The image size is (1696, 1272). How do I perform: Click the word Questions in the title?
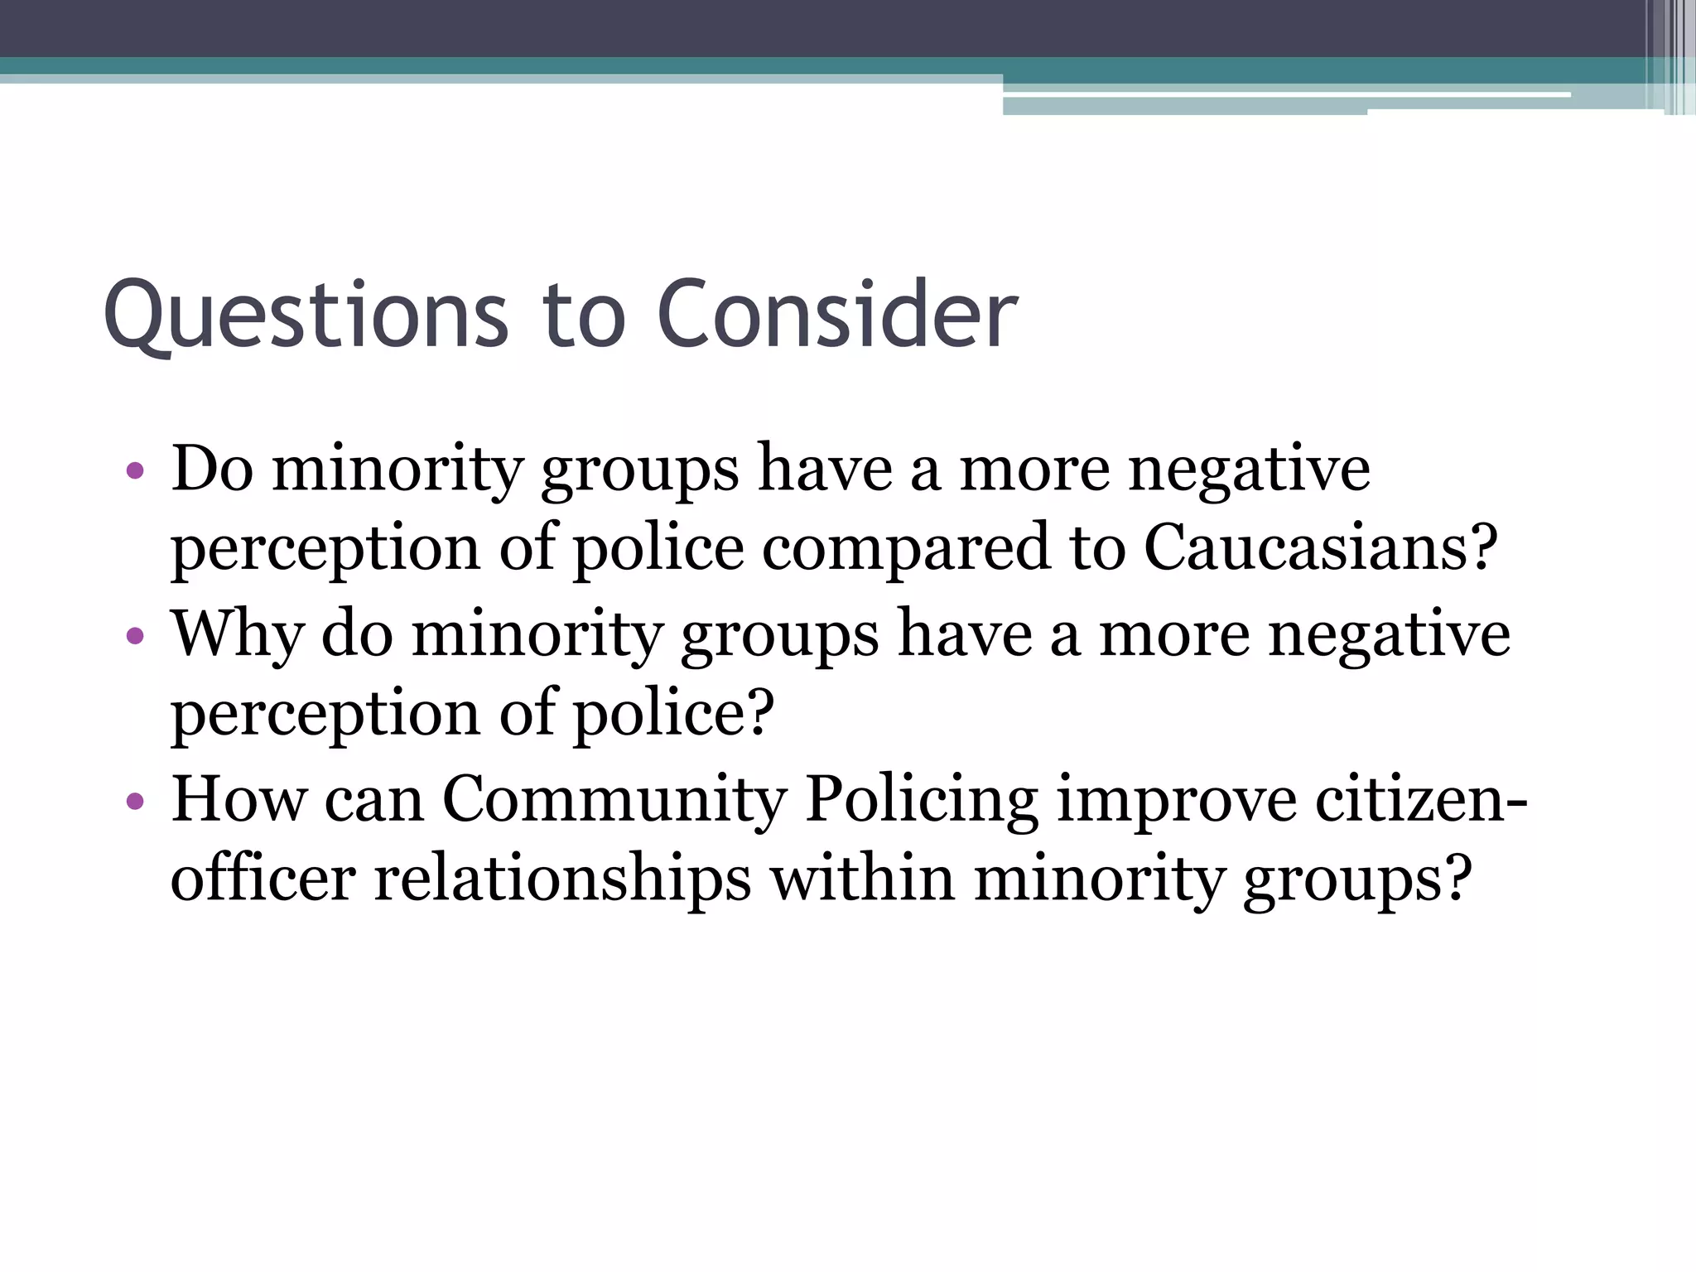click(306, 316)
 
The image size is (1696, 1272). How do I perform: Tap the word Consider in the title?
click(837, 314)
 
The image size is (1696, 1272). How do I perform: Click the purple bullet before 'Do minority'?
click(136, 472)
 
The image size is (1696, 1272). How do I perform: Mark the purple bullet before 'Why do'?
click(136, 637)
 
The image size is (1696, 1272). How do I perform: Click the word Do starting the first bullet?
click(212, 468)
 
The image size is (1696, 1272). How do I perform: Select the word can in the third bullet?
click(373, 800)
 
